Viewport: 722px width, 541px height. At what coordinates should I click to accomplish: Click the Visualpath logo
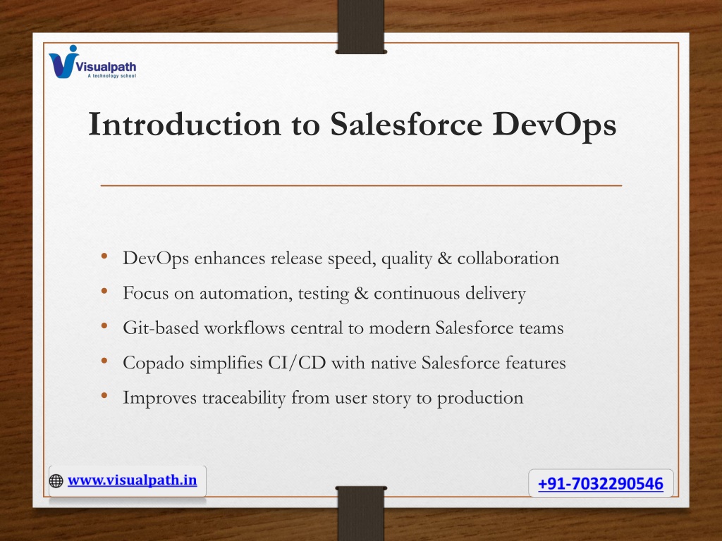click(92, 62)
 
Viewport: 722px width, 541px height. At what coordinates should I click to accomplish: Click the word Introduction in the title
click(185, 124)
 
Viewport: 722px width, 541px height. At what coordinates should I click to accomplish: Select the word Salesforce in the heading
click(406, 124)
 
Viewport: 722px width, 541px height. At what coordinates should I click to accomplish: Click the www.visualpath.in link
click(132, 480)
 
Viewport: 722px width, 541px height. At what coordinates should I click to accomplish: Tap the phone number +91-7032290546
click(601, 483)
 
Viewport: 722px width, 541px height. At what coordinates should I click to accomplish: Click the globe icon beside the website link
click(56, 480)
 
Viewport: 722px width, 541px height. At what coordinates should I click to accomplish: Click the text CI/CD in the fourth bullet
click(297, 363)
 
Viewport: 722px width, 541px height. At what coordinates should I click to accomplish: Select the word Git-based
click(161, 328)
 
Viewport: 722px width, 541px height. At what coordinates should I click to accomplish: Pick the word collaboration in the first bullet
click(508, 258)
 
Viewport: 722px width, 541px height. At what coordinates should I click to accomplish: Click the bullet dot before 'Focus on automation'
click(104, 291)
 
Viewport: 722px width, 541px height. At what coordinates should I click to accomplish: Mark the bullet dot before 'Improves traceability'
click(104, 396)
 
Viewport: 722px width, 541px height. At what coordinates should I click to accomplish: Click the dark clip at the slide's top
click(361, 27)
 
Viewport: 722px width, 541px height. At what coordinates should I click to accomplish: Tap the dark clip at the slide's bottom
click(361, 514)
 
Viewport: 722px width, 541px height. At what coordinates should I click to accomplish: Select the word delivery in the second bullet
click(496, 294)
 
